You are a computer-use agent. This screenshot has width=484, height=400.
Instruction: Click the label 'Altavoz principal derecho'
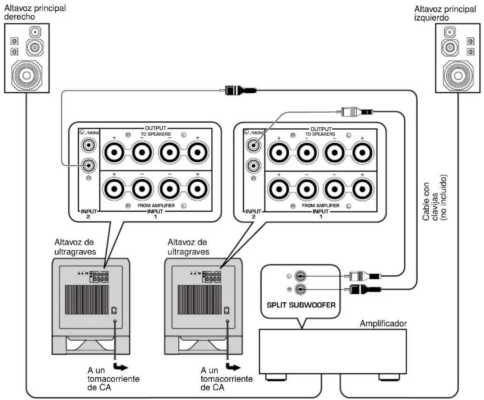35,12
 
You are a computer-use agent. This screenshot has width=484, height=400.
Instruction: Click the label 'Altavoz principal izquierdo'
445,13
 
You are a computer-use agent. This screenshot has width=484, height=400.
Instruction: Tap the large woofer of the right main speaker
27,76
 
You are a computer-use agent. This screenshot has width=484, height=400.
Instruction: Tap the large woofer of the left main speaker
458,76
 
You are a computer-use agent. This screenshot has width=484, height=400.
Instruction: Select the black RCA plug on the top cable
238,90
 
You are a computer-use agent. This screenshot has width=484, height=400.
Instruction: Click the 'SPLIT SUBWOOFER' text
301,305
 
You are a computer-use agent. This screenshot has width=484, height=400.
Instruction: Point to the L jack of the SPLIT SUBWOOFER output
300,276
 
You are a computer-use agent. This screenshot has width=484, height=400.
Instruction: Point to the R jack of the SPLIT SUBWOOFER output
300,289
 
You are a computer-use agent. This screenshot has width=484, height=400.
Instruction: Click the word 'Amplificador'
383,323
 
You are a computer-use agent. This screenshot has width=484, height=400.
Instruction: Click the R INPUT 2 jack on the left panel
89,166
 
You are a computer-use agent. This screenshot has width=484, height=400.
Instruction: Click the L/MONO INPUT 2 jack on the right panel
254,146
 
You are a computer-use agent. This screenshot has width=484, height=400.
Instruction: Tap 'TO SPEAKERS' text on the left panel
156,134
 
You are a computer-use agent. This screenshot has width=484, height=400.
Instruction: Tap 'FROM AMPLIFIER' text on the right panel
320,205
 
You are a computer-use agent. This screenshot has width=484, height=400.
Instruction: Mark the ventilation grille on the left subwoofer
87,300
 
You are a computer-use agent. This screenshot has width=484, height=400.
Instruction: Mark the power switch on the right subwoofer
227,310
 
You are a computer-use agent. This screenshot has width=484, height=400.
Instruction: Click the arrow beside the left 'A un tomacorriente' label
120,367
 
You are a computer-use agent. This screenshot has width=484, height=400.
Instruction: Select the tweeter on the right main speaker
35,32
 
